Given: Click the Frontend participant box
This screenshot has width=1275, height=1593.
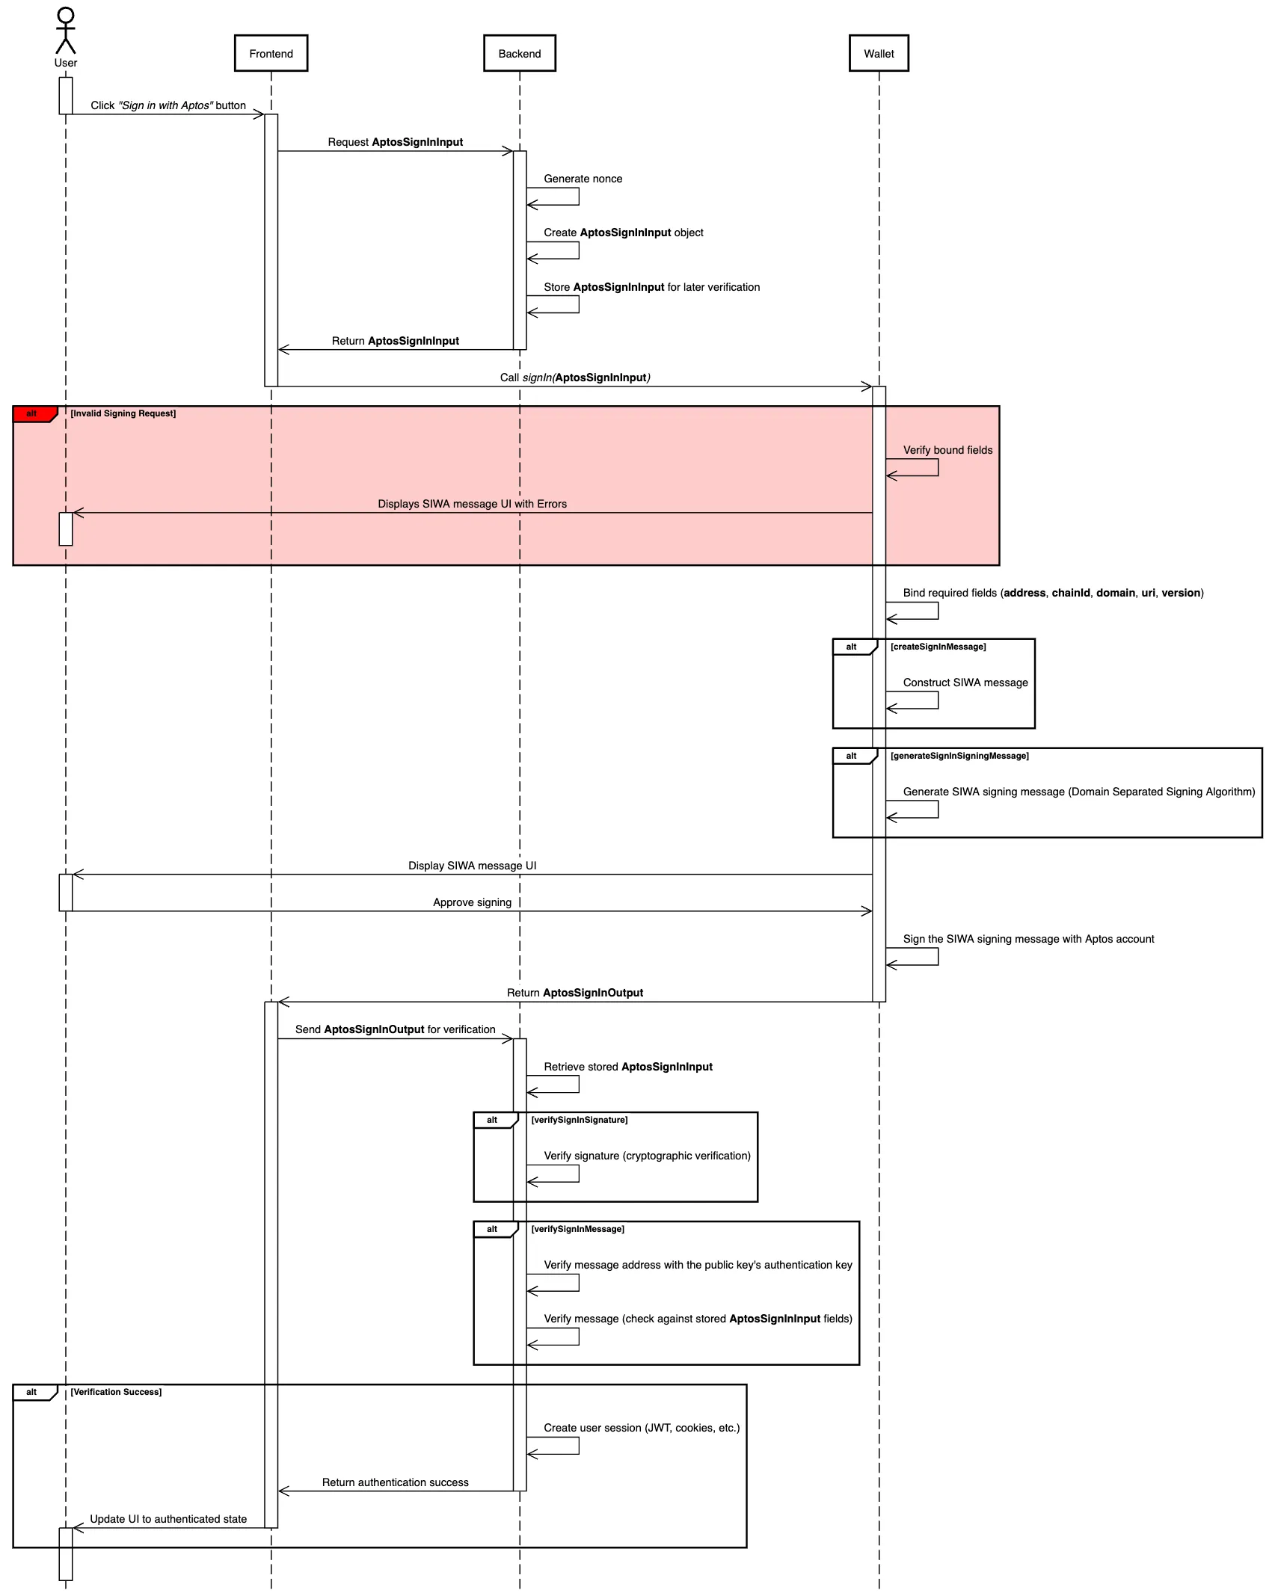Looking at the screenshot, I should coord(271,54).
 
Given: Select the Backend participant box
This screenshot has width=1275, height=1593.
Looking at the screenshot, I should coord(519,54).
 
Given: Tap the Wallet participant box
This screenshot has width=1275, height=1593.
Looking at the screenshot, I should coord(878,54).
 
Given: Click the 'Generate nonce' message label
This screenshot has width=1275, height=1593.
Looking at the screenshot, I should coord(583,179).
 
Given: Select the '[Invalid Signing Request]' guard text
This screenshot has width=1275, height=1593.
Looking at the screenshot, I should coord(123,413).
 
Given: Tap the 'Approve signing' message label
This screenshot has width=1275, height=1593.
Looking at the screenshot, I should coord(472,902).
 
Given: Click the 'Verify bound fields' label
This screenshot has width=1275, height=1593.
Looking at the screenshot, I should coord(947,450).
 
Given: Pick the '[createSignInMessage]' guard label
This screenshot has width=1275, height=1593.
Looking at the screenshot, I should coord(938,647).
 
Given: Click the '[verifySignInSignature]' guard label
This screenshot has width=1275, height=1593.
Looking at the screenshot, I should coord(579,1120).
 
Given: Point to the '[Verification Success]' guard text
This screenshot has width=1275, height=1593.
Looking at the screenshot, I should coord(116,1392).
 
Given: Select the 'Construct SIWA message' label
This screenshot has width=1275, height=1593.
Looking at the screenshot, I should coord(965,683).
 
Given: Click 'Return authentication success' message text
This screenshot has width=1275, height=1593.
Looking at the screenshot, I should coord(395,1482).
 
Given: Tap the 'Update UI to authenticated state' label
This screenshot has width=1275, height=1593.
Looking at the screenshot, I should coord(168,1519).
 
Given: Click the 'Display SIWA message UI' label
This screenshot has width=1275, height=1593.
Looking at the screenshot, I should coord(472,866).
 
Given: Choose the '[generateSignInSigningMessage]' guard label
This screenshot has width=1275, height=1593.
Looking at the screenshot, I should coord(959,756).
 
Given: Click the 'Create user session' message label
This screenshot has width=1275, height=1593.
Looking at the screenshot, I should coord(641,1428).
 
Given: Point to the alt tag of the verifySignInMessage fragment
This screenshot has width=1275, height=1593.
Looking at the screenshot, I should coord(492,1229).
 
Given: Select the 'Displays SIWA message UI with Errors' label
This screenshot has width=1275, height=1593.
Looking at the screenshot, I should coord(472,504).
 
